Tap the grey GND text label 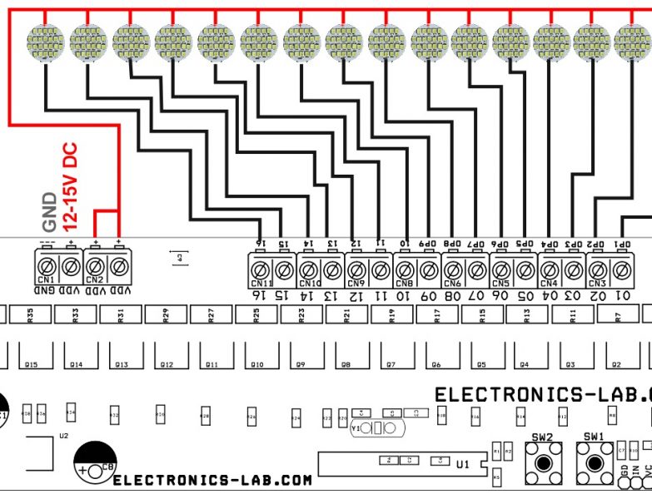[50, 212]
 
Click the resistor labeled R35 [30, 314]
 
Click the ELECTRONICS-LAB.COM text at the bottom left [212, 480]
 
